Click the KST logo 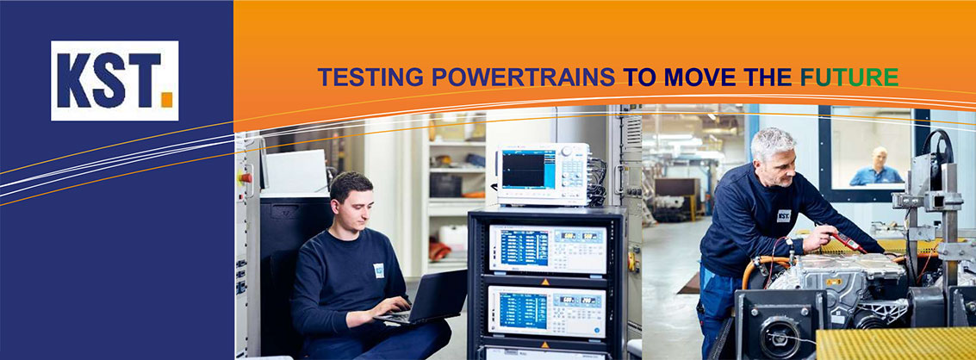click(115, 80)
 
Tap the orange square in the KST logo click(166, 100)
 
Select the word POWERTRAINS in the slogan click(524, 78)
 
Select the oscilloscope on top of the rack click(544, 174)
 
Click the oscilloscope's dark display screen click(523, 169)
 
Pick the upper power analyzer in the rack click(548, 248)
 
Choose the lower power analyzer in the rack click(548, 311)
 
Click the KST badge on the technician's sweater click(784, 215)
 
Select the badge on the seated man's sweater click(378, 270)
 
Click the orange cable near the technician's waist click(761, 267)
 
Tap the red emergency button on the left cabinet click(246, 177)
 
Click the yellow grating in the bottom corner click(897, 343)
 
